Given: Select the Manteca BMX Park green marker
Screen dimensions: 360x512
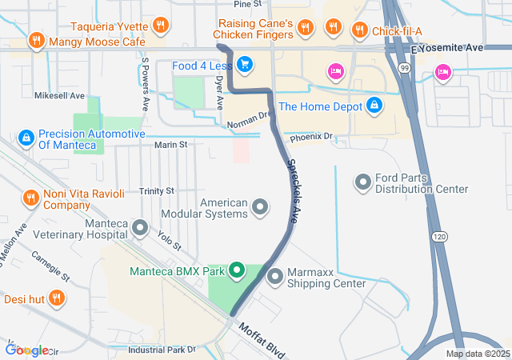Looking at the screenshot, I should [237, 271].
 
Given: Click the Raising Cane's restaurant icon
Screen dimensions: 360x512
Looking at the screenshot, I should [305, 30].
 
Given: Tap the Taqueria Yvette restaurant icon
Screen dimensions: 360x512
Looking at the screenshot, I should [162, 25].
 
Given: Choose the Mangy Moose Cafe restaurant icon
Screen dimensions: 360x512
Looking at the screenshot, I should [36, 40].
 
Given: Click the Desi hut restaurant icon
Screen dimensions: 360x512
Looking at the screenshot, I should [56, 299].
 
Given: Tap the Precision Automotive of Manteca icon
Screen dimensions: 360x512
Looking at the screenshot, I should [26, 138].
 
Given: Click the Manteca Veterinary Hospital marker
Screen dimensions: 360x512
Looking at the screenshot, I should [141, 230].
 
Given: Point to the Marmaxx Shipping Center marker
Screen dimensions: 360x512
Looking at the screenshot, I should [275, 277].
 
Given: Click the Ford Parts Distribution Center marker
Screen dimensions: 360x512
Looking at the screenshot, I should [364, 182].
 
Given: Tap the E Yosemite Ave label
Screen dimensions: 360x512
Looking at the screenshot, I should [447, 48].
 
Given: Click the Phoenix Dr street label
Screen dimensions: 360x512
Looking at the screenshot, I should [311, 138].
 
